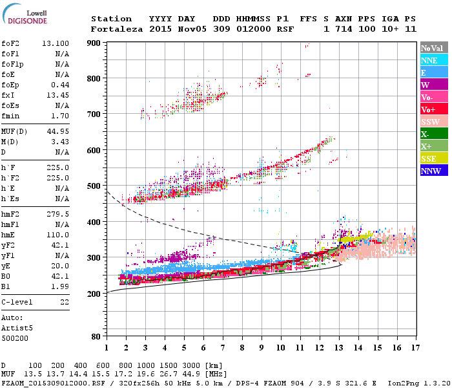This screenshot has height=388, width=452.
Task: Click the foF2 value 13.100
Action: click(x=56, y=43)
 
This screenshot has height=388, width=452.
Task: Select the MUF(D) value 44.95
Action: click(x=58, y=132)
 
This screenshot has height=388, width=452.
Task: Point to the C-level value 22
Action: click(x=65, y=301)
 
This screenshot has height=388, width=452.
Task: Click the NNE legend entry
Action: click(x=429, y=60)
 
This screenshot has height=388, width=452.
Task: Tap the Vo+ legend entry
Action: click(x=429, y=110)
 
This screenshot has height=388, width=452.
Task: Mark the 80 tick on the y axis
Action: click(x=96, y=336)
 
